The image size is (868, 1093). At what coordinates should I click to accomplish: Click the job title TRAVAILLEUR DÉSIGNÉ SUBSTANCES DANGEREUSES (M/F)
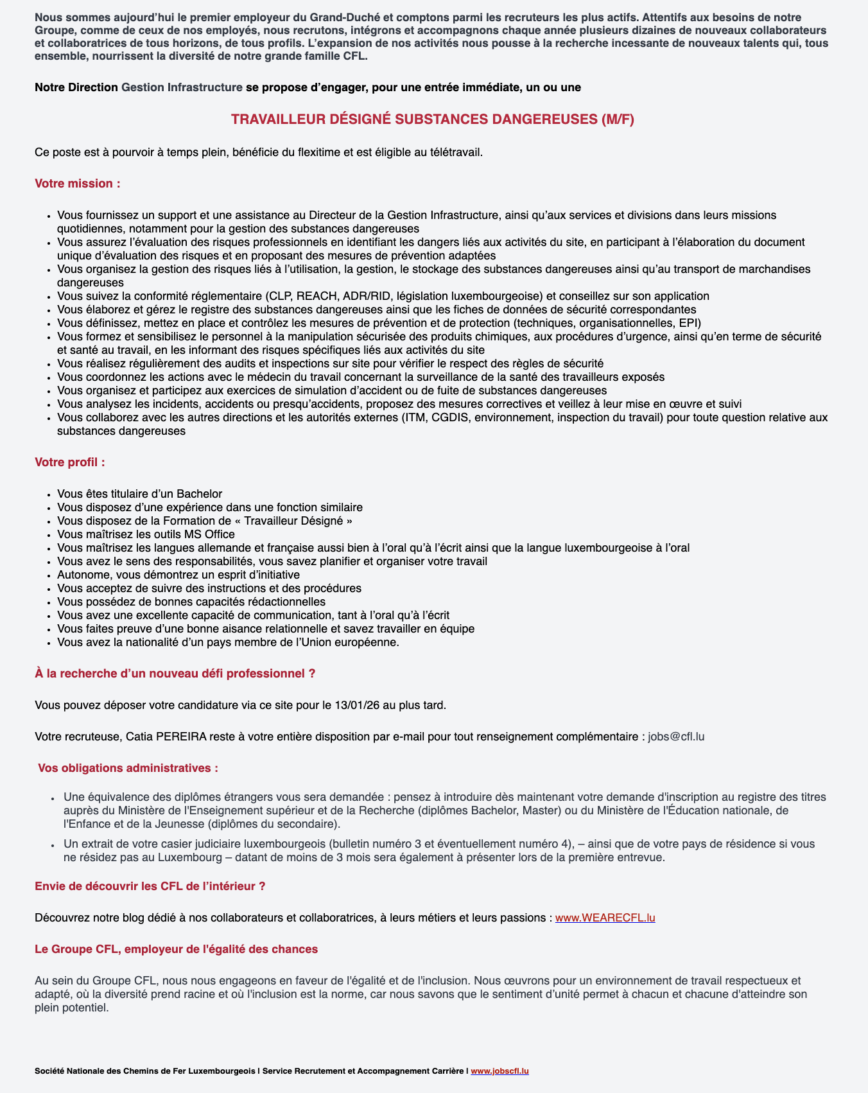click(433, 119)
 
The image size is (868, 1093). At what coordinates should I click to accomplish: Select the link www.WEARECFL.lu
click(605, 918)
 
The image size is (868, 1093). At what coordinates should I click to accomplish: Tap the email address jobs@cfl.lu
click(676, 737)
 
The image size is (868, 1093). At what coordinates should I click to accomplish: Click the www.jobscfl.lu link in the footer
click(499, 1071)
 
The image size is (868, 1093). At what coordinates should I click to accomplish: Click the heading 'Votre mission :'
click(78, 184)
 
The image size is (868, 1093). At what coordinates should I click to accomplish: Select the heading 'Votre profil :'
click(70, 462)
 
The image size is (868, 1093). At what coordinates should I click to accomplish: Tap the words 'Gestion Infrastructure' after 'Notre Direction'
click(182, 87)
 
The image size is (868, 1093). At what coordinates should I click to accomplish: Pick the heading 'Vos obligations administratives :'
click(128, 768)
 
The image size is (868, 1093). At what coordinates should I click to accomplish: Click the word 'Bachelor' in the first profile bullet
click(199, 494)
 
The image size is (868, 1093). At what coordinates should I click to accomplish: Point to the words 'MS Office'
click(209, 534)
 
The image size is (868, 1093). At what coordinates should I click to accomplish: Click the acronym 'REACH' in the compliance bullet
click(316, 296)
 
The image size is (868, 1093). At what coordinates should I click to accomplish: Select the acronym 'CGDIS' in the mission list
click(453, 417)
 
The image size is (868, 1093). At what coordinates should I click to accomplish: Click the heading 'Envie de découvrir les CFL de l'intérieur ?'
click(150, 886)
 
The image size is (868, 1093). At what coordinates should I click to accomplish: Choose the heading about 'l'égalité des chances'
click(176, 949)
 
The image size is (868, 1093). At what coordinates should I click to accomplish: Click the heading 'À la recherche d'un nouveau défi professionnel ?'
click(175, 674)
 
